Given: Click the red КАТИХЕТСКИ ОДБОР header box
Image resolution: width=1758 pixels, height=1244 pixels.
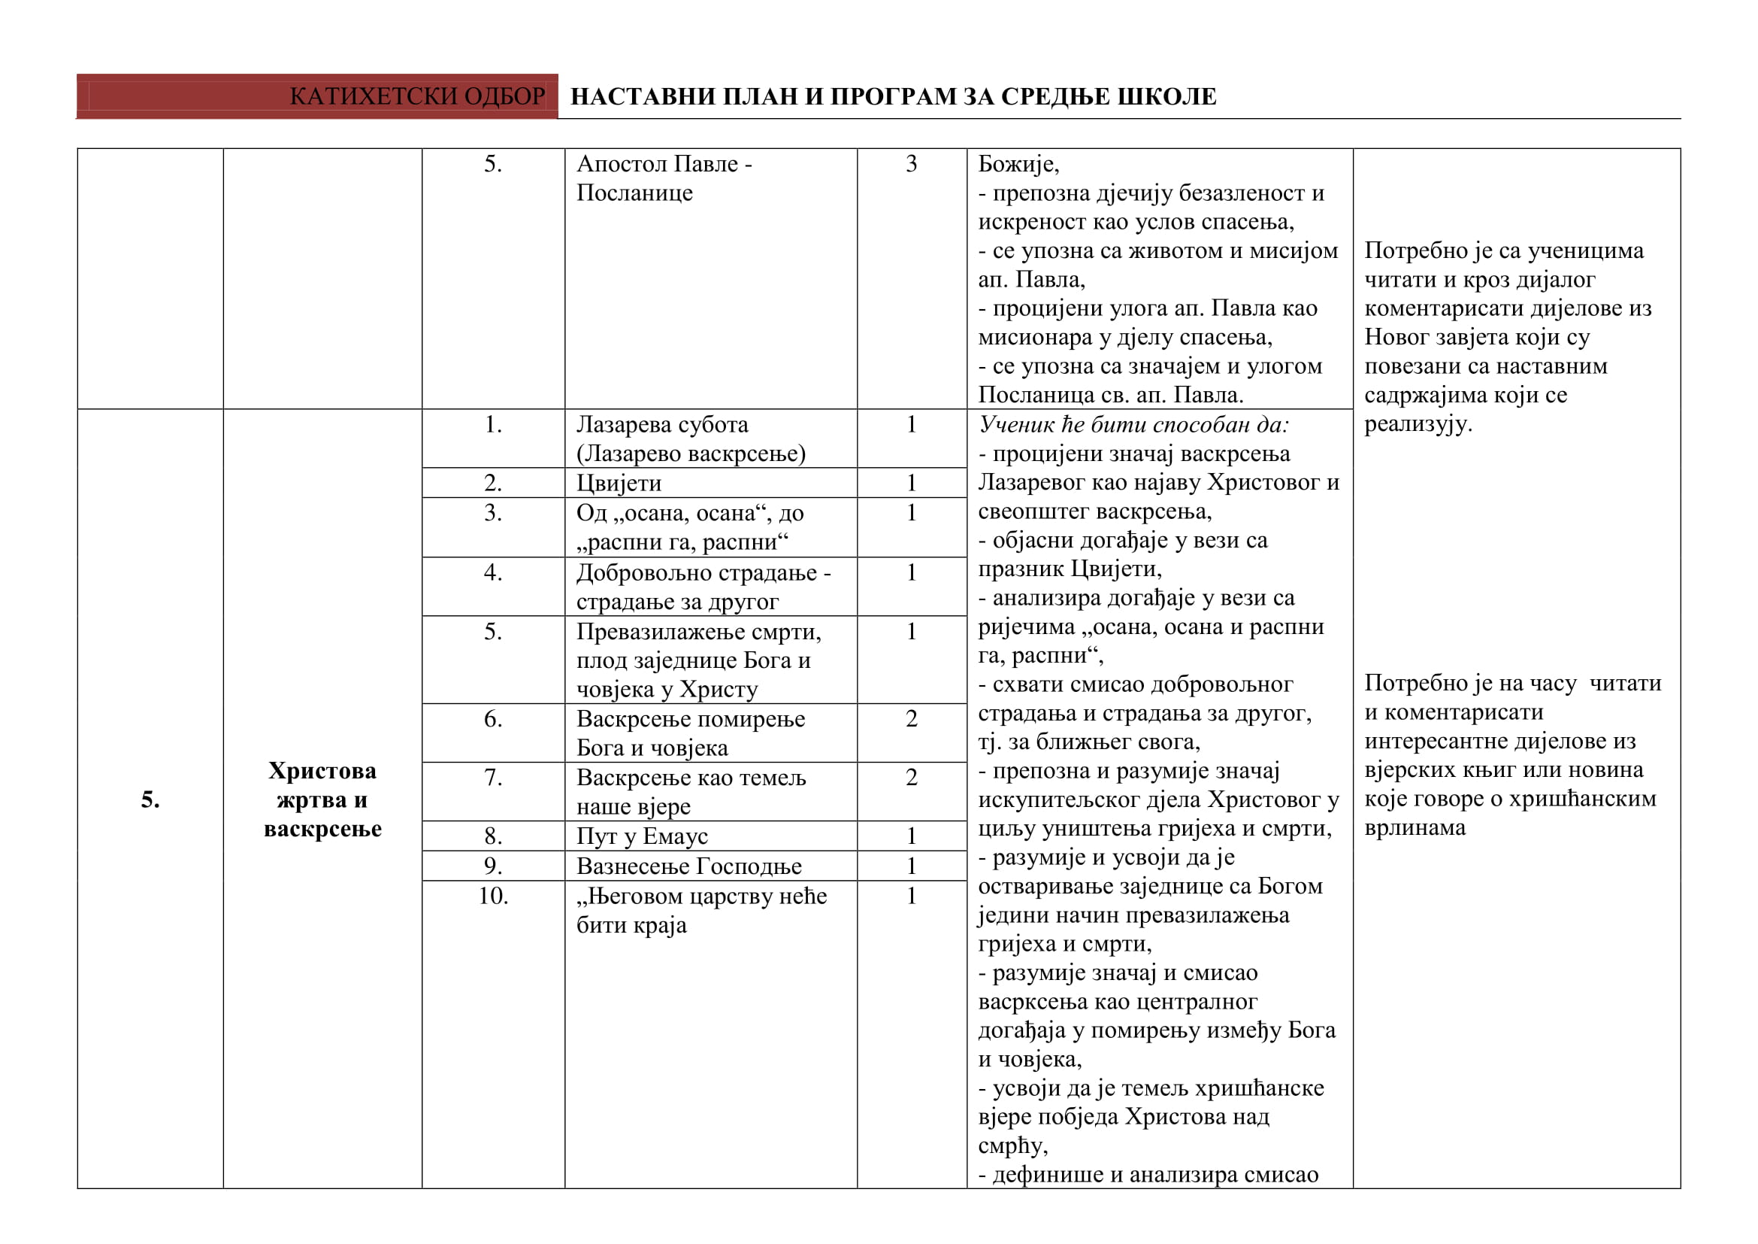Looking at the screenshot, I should [317, 96].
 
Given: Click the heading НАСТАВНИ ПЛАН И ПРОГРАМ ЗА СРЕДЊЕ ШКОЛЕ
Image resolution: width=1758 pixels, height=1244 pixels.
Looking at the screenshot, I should [893, 96].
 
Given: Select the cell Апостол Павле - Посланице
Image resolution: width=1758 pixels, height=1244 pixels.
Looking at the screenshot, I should [664, 177].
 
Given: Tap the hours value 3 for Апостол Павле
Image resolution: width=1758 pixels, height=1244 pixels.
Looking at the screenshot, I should [911, 164].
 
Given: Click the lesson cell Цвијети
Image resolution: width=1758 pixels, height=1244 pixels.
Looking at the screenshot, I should [619, 484].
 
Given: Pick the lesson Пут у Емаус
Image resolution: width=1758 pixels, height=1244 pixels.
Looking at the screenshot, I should [642, 836].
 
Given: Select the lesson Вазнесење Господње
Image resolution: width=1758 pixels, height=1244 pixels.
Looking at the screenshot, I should [689, 866].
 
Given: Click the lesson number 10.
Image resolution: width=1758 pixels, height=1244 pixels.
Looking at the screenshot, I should [493, 897].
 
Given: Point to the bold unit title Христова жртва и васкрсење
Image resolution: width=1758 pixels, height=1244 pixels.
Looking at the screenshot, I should [322, 799].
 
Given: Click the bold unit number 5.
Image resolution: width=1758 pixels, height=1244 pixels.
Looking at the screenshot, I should [150, 799].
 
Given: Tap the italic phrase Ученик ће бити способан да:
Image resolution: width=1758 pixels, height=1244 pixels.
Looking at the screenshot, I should [1133, 425].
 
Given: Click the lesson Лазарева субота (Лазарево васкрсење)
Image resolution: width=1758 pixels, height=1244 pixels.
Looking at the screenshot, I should [691, 439].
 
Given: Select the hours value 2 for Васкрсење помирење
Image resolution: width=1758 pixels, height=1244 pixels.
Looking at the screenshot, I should [911, 719].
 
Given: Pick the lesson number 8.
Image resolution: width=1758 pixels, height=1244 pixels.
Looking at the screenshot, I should [493, 836].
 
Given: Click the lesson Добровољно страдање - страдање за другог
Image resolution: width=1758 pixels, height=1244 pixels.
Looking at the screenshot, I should [703, 587].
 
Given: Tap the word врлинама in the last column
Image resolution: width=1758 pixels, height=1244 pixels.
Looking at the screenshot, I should [1415, 828].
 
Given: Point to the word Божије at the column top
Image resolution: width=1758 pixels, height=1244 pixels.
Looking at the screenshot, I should [1018, 164].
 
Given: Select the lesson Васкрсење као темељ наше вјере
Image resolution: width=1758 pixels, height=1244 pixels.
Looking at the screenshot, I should [691, 792].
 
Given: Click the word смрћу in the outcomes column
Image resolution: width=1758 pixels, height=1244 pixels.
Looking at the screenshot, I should [1012, 1147].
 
